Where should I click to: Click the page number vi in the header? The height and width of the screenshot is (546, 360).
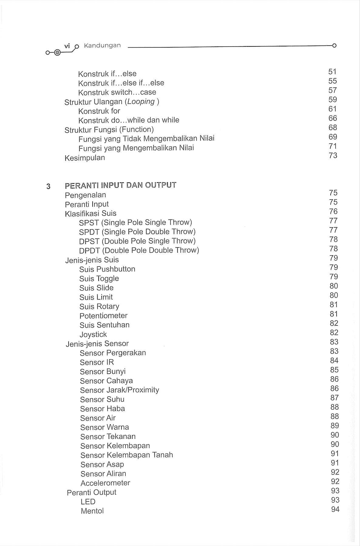(67, 46)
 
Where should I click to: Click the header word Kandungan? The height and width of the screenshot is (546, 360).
(102, 45)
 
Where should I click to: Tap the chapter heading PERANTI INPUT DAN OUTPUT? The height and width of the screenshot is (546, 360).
(121, 185)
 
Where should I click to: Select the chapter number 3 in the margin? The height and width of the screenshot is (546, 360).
(48, 186)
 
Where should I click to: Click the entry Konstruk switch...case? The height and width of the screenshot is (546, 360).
(117, 92)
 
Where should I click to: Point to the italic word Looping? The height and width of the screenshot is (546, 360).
(141, 101)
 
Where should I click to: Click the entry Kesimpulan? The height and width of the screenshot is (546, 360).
(85, 158)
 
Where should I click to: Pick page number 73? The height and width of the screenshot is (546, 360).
(333, 155)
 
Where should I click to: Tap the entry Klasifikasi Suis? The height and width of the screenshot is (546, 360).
(91, 213)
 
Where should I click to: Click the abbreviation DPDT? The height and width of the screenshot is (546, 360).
(89, 251)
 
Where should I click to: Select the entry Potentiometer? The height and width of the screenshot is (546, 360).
(104, 316)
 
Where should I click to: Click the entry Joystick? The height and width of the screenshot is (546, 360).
(93, 334)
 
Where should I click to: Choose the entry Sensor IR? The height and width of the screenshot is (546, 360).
(97, 362)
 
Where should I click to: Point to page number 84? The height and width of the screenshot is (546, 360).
(334, 360)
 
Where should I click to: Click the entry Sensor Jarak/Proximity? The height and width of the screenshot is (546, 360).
(120, 390)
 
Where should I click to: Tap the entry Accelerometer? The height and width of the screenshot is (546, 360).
(105, 483)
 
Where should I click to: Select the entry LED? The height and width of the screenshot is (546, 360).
(88, 502)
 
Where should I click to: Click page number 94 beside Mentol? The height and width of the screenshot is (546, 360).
(335, 509)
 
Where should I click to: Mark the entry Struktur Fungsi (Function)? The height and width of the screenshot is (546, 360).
(109, 130)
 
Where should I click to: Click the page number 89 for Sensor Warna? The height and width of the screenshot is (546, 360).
(335, 426)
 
